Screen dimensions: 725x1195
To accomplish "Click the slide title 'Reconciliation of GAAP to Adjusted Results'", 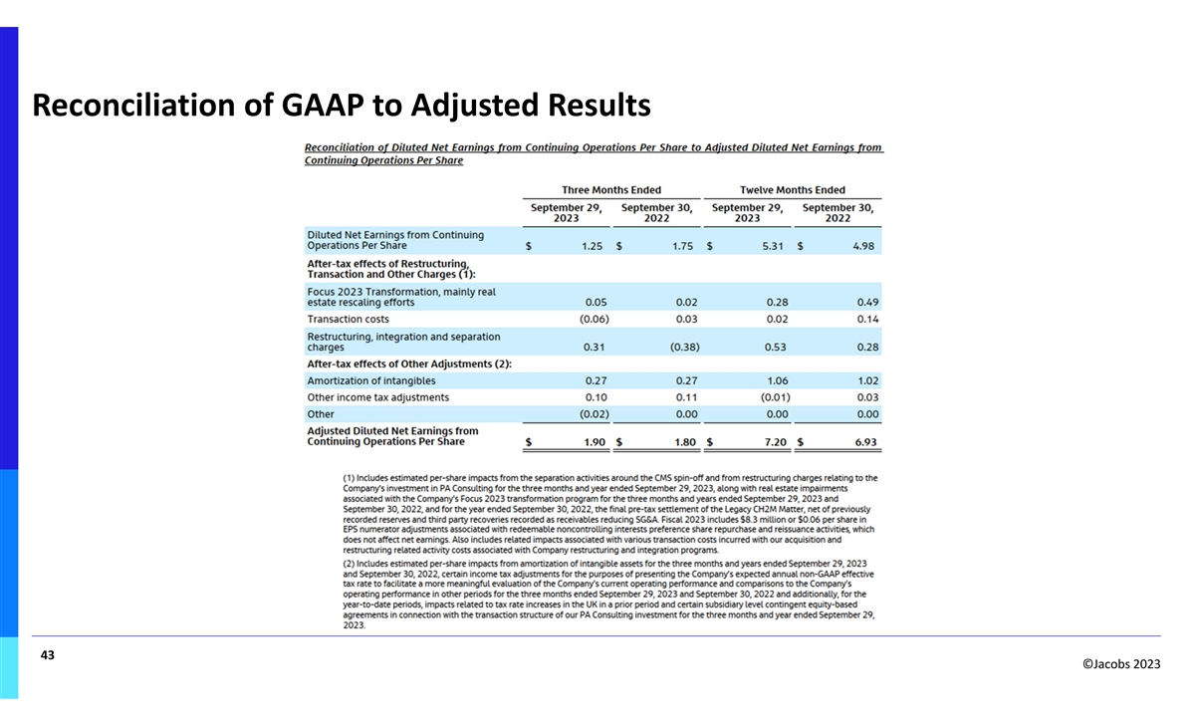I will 342,104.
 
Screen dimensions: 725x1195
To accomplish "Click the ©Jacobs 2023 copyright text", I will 1118,664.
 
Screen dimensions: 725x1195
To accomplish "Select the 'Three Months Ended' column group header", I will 611,190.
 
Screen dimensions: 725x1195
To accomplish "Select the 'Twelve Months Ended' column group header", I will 793,190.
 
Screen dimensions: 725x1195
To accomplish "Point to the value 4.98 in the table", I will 863,246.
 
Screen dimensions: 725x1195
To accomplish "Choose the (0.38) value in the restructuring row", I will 684,348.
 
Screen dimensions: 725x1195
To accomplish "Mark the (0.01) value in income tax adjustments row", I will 774,397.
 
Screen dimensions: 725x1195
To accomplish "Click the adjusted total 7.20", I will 774,442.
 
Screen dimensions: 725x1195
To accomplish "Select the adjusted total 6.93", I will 863,442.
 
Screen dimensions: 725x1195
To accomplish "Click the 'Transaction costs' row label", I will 348,319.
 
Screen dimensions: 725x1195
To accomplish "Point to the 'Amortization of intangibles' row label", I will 370,380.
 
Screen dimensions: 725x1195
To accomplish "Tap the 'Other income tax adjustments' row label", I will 377,397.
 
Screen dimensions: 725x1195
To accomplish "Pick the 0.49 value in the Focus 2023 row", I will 865,302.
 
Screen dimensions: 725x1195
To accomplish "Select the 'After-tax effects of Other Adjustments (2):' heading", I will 409,363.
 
